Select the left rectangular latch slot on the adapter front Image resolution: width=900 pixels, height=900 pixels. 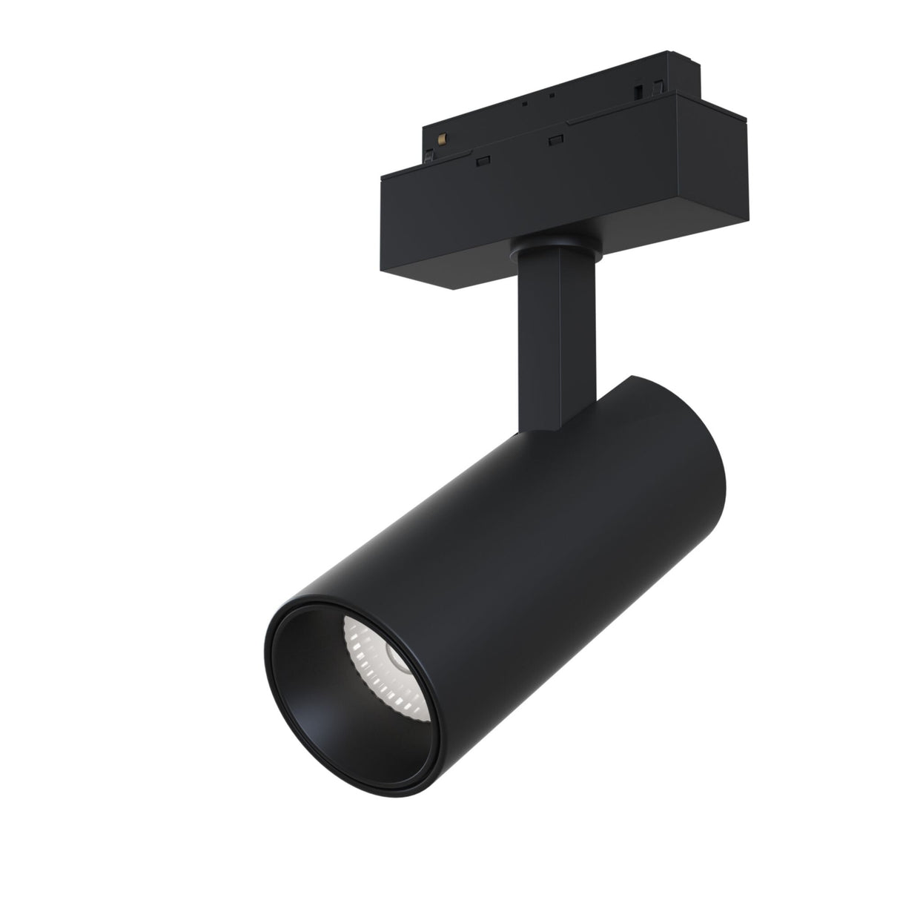click(x=483, y=159)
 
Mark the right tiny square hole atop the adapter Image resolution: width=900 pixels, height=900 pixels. click(x=552, y=96)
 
